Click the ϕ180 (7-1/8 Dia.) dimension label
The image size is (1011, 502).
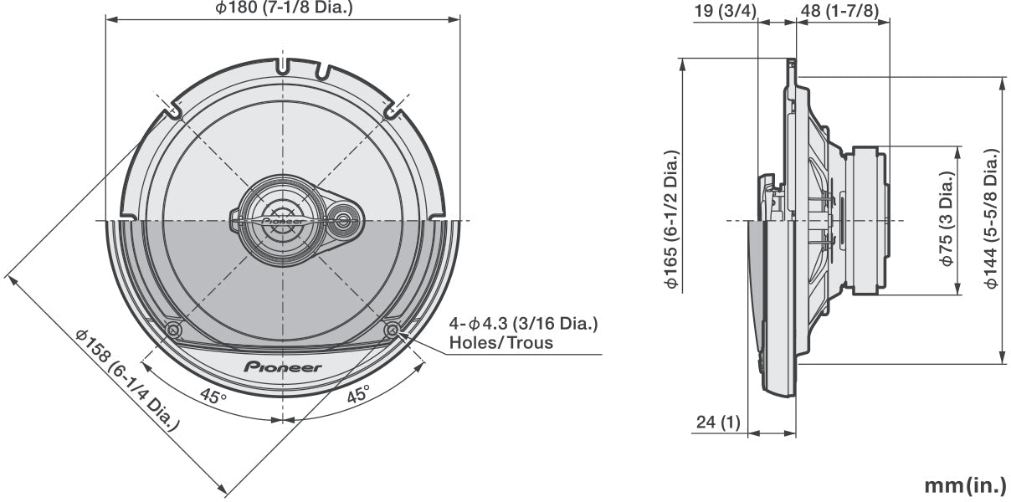[x=284, y=8]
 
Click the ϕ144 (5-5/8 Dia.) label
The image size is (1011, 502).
[x=992, y=219]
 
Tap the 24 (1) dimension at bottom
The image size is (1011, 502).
[x=717, y=423]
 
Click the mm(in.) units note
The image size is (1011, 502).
[x=963, y=486]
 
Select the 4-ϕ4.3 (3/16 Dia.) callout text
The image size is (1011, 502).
[x=523, y=324]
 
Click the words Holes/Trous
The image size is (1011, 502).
[x=500, y=342]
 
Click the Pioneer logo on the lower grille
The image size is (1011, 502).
[x=283, y=366]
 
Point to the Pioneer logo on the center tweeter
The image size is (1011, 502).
[x=283, y=223]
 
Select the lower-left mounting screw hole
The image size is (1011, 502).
[x=173, y=330]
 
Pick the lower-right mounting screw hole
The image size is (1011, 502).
[x=392, y=330]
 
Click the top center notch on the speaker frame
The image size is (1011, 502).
[x=283, y=64]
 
